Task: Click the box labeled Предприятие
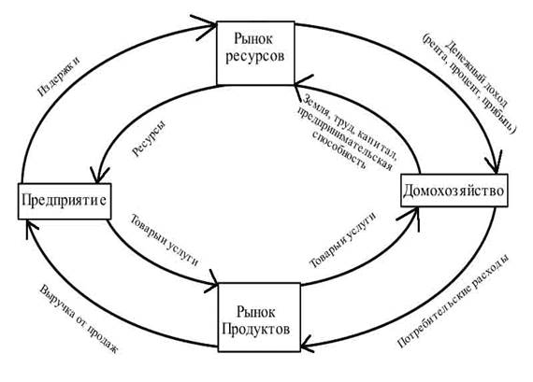(x=65, y=201)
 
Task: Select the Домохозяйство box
(x=454, y=191)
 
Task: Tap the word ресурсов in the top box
(x=255, y=56)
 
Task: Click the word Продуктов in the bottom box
(x=255, y=329)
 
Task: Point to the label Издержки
(x=59, y=76)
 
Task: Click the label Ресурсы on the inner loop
(x=150, y=139)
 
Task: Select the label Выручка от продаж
(x=79, y=319)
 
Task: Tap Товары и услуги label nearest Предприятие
(x=165, y=240)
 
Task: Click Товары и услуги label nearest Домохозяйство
(x=343, y=240)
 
